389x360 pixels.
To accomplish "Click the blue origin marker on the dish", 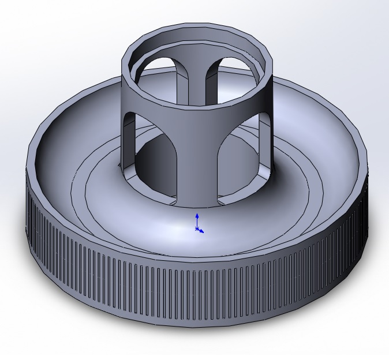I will pyautogui.click(x=197, y=229).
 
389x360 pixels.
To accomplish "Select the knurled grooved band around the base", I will pyautogui.click(x=196, y=283).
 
